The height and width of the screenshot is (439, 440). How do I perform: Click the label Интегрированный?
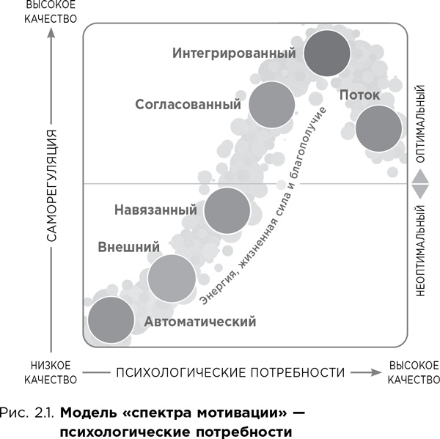235,54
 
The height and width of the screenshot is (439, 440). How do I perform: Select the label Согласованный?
188,104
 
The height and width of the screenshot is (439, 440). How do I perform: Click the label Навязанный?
155,210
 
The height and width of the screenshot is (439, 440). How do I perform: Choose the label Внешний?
129,247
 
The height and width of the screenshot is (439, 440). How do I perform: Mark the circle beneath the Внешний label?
172,278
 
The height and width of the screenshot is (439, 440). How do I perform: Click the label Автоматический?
199,322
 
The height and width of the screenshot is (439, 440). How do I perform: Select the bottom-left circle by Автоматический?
111,320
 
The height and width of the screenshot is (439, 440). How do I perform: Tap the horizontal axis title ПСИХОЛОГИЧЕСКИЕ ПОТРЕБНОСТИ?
230,372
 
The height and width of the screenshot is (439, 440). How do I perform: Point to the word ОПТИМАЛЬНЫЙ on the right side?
421,125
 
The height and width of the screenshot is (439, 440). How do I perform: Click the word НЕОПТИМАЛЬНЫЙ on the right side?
421,250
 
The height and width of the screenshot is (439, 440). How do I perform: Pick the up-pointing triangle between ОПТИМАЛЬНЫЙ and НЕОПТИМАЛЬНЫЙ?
421,177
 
